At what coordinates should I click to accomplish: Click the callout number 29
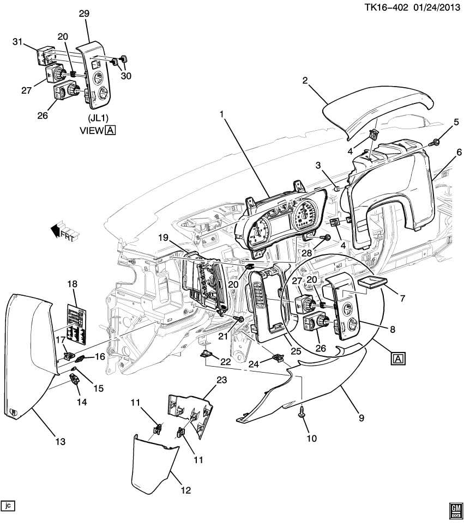click(84, 14)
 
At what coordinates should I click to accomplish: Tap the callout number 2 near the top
click(305, 81)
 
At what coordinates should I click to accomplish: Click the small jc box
click(8, 506)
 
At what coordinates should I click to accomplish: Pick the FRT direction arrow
click(64, 230)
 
